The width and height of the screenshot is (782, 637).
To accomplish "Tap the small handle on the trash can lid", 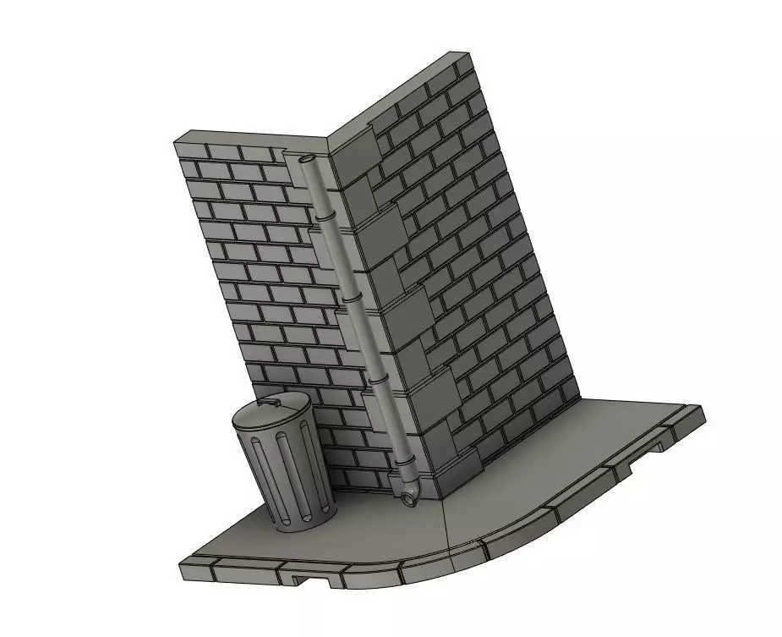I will point(271,404).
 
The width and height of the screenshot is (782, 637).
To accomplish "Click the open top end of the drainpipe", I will point(306,158).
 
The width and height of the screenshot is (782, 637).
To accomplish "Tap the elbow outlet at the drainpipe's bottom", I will point(411,499).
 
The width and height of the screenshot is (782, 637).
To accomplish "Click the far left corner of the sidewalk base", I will point(182,565).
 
